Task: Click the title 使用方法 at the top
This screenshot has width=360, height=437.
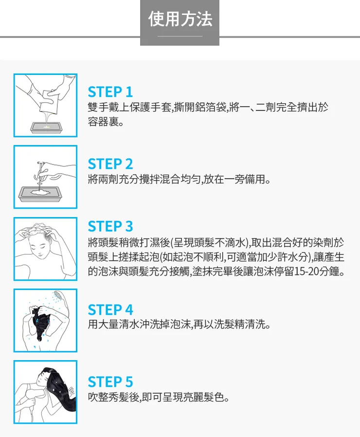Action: (x=180, y=19)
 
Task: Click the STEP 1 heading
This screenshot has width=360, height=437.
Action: (x=110, y=91)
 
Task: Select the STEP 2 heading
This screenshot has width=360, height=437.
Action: (x=110, y=164)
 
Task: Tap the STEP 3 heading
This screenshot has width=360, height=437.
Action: (x=110, y=226)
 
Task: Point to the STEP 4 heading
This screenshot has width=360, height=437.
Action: (x=110, y=309)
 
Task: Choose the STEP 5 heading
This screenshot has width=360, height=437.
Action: (x=110, y=381)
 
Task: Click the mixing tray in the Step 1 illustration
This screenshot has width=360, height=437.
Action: (x=45, y=127)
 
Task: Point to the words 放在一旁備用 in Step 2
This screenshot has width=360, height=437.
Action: (x=235, y=179)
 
